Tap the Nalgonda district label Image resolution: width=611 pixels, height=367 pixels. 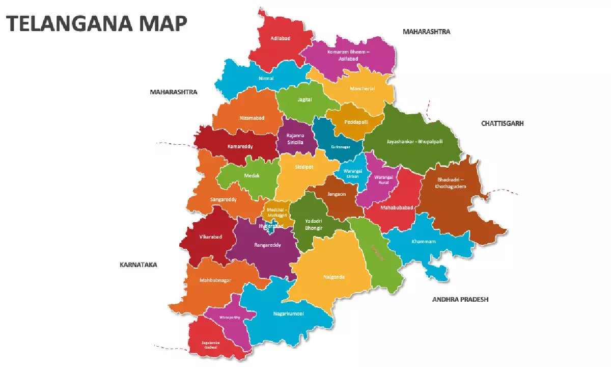tap(334, 277)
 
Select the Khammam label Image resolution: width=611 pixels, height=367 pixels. tap(424, 242)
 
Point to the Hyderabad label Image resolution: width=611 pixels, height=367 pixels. tap(270, 225)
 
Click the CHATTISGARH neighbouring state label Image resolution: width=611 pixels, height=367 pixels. tap(502, 123)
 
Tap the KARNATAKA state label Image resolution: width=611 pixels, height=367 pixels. tap(138, 265)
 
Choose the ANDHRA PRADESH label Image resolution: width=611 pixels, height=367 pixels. tap(460, 299)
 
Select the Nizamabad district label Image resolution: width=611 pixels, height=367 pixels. tap(252, 118)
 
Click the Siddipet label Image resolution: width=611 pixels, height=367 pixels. tap(304, 167)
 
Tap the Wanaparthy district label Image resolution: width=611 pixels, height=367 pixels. tap(229, 317)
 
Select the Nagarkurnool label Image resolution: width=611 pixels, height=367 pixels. tap(288, 313)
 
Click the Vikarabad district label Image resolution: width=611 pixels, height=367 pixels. tap(211, 237)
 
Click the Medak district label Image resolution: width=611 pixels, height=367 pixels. tap(252, 175)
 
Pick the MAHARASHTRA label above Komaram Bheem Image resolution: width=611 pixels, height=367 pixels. tap(426, 32)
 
